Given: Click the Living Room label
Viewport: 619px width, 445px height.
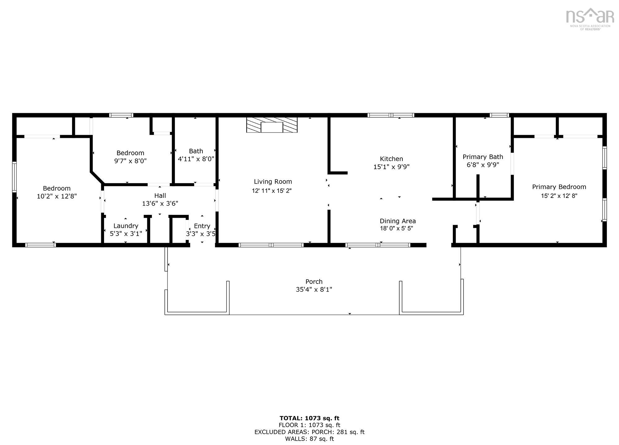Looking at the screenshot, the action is [x=273, y=182].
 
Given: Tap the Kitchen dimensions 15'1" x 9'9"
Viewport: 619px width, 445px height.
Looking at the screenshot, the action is [x=391, y=167].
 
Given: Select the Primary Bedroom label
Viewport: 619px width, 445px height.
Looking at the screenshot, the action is [x=559, y=187].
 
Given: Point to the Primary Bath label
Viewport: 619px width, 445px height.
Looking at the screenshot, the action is [x=483, y=157].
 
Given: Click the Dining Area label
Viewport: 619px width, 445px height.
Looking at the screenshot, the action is [x=398, y=221].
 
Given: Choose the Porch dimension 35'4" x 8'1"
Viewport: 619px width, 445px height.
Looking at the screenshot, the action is [x=314, y=290].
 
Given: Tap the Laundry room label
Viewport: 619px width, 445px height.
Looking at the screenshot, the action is [x=126, y=226].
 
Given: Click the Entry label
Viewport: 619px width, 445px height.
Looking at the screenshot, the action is [x=202, y=226].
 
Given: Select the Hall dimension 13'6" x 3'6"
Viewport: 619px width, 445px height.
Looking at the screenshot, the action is [x=160, y=203].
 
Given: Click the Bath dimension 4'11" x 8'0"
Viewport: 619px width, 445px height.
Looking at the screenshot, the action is [x=196, y=159].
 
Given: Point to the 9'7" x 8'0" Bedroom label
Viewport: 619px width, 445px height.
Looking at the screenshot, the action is [x=130, y=153].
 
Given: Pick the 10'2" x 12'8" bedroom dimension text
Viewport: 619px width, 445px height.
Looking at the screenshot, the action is [x=57, y=196].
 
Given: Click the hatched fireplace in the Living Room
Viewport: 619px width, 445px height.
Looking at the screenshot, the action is [x=272, y=125].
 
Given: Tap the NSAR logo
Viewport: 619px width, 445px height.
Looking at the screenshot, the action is [x=590, y=18].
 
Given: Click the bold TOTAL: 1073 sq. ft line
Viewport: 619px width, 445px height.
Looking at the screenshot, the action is [x=309, y=418].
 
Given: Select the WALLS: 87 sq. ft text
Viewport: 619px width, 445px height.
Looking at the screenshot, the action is [x=309, y=439].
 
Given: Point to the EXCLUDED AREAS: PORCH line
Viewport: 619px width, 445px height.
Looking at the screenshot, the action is [x=309, y=432].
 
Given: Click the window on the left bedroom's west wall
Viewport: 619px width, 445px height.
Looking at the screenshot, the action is [x=14, y=177].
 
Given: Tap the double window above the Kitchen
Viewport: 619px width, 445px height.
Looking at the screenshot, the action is [x=391, y=115].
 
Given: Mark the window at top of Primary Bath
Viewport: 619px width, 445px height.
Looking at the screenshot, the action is [x=499, y=115].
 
